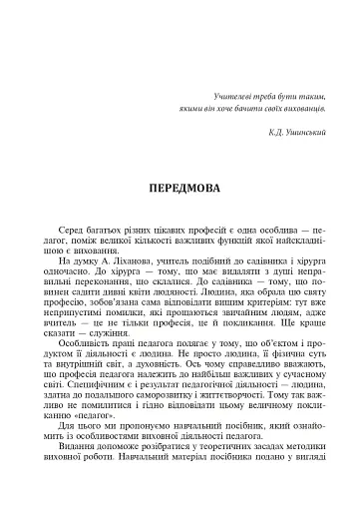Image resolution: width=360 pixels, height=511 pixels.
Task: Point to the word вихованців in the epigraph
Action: point(298,107)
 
